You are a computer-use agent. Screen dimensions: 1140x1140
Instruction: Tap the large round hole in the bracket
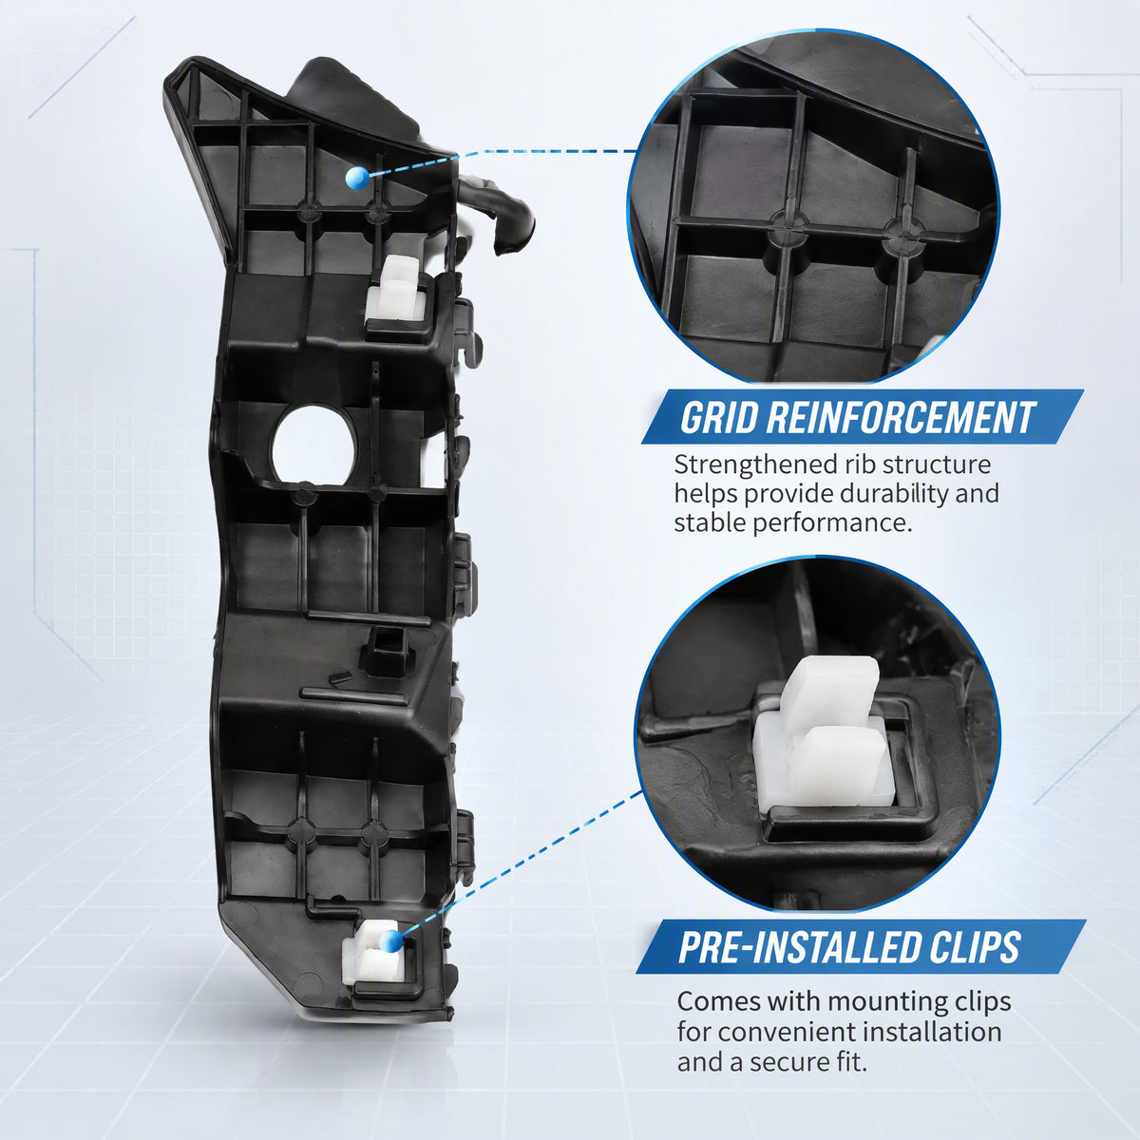pyautogui.click(x=313, y=446)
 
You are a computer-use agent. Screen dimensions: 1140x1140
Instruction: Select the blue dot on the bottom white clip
pyautogui.click(x=391, y=941)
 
